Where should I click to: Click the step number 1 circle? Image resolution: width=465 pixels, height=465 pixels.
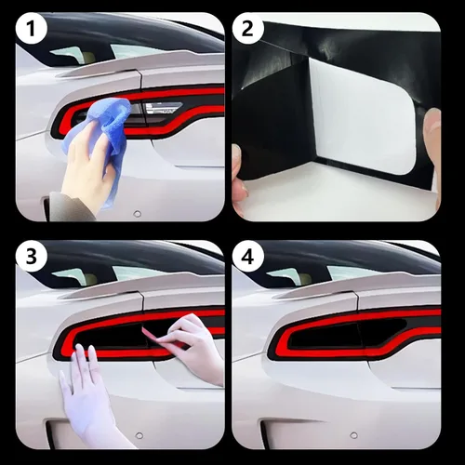pos(31,30)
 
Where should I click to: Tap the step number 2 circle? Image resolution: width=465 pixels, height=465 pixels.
pos(247,30)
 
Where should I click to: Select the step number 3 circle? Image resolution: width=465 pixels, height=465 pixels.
pos(31,257)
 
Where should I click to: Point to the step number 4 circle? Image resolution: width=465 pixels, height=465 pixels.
pos(247,257)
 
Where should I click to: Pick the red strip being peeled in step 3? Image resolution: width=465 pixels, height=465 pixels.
pos(156,338)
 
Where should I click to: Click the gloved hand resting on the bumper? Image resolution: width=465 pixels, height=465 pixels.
pos(90,397)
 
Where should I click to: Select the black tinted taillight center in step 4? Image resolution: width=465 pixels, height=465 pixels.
pos(344,334)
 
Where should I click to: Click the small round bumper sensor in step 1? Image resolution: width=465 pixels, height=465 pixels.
pos(137,214)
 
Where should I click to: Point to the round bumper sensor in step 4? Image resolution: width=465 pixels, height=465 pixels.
pos(353,435)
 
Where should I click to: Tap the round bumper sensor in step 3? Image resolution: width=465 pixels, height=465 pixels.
pos(139,435)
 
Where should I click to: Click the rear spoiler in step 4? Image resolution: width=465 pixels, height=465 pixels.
pos(356,287)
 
